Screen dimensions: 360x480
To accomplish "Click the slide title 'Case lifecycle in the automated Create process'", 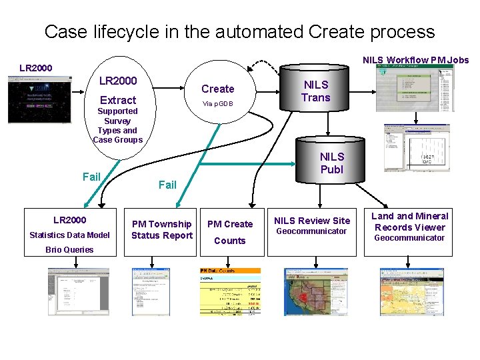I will point(239,31).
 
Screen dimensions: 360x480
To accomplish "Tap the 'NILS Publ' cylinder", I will point(331,163).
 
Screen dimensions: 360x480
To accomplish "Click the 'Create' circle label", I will point(218,89).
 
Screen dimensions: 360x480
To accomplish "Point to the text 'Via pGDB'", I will point(218,104).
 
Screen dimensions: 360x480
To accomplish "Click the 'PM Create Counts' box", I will point(230,232).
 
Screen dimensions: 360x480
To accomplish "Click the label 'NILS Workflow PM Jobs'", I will point(415,60).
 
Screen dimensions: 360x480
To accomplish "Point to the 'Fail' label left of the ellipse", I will point(91,177).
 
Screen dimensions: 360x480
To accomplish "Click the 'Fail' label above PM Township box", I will point(167,185).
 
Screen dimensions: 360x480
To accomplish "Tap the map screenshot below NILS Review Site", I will point(311,291).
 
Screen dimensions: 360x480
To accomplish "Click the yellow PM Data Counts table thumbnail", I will point(230,291).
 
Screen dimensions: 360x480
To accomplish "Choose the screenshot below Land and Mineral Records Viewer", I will point(407,291).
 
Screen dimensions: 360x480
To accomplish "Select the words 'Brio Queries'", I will point(69,250).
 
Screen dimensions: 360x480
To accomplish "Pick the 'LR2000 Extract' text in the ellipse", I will point(118,90).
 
